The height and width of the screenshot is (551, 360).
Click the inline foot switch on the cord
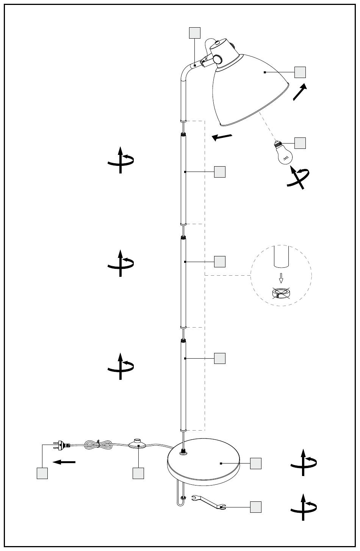(139, 444)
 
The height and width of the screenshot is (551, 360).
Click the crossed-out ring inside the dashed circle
(281, 293)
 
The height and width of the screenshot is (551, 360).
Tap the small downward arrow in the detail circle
(281, 278)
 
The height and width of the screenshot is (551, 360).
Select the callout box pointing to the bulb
(300, 143)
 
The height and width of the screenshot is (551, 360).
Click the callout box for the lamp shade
(300, 72)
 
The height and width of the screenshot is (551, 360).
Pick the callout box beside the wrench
(256, 507)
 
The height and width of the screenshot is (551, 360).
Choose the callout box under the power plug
(42, 473)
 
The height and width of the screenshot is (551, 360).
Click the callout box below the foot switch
(138, 473)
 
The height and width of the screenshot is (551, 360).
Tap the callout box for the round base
(256, 463)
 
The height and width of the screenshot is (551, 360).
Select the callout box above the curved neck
(194, 33)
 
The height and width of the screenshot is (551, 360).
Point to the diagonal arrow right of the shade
(300, 92)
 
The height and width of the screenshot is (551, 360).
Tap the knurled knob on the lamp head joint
(218, 60)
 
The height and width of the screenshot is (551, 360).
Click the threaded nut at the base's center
(185, 451)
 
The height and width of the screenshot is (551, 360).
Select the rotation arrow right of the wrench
(304, 507)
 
